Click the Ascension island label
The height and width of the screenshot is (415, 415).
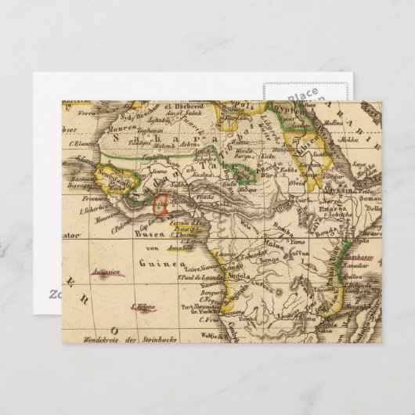[106, 273]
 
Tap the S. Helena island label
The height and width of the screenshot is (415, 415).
[146, 307]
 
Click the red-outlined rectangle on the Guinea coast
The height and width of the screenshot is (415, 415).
[164, 205]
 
